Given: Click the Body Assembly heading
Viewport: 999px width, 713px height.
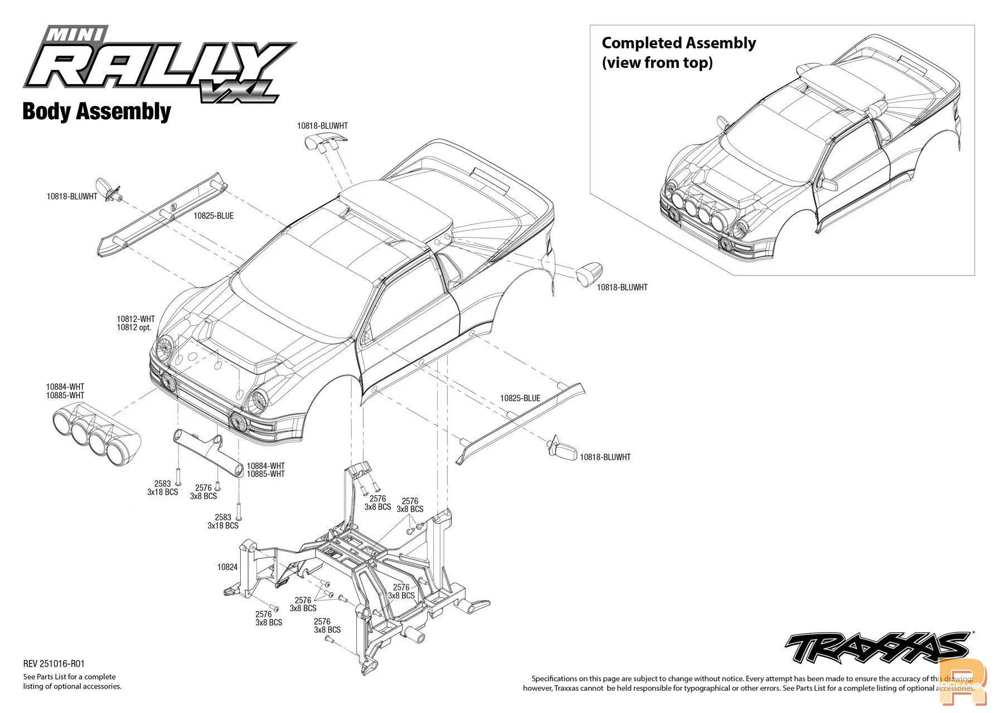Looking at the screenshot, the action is [x=96, y=111].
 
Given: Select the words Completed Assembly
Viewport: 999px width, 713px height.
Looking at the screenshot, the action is [x=678, y=43].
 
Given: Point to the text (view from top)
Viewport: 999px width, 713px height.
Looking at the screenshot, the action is [x=657, y=62].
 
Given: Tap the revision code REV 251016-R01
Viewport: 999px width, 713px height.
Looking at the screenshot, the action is [x=54, y=663].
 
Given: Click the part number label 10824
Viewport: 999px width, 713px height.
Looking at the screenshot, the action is [x=227, y=567].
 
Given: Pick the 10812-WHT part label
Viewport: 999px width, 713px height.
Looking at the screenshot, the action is [x=135, y=319].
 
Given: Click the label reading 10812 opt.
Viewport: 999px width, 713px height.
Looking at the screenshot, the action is [x=134, y=328].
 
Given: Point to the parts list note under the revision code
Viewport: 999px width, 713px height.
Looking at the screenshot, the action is [x=72, y=682].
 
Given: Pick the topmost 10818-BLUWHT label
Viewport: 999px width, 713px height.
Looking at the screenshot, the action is [x=322, y=126].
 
